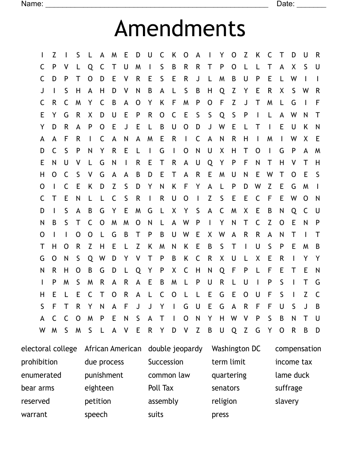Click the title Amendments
click(180, 29)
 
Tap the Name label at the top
click(32, 4)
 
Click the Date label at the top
click(285, 4)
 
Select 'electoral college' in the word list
click(49, 349)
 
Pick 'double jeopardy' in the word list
click(175, 349)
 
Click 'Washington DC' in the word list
click(236, 349)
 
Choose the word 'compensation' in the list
click(298, 349)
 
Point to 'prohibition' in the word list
click(39, 362)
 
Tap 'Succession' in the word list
click(165, 362)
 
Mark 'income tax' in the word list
click(293, 362)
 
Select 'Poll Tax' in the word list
click(161, 388)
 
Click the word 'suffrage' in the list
click(289, 388)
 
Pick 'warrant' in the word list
click(34, 414)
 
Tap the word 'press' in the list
click(220, 414)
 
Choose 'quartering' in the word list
click(229, 375)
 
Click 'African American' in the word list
click(113, 349)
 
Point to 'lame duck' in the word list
click(292, 375)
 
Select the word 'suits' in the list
click(156, 414)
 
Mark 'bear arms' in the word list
click(37, 388)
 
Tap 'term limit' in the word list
click(229, 362)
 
